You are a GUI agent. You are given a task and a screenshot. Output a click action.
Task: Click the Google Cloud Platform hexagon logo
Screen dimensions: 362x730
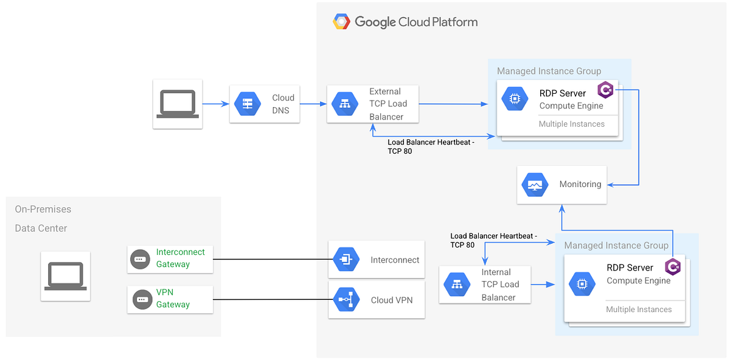(x=341, y=22)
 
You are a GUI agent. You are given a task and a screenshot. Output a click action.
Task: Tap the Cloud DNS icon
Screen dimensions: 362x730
(x=248, y=104)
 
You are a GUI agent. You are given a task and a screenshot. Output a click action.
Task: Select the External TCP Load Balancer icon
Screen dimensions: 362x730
(x=345, y=104)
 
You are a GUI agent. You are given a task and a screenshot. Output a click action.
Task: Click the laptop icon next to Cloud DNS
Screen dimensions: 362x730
(x=178, y=104)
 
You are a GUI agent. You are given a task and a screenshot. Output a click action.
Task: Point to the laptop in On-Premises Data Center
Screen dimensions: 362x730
(x=66, y=276)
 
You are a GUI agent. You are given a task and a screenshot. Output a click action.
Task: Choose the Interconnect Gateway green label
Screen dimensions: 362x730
(x=180, y=258)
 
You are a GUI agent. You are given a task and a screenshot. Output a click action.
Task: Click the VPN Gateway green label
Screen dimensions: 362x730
(x=173, y=298)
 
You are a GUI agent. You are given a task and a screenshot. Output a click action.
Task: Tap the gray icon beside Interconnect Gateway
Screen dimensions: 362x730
(x=141, y=260)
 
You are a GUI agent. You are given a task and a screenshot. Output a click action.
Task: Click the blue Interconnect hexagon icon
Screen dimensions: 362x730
(x=346, y=260)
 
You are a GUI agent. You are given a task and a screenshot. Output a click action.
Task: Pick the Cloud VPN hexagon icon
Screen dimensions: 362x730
(x=346, y=300)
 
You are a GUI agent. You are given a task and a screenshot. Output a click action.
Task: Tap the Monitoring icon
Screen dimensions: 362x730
(x=535, y=185)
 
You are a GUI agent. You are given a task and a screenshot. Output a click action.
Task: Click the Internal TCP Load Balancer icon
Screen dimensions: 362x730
(x=457, y=285)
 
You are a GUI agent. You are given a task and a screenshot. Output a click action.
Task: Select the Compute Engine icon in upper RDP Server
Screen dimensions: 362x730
(x=515, y=99)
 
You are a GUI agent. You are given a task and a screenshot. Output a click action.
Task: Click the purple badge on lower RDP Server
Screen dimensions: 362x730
(x=673, y=267)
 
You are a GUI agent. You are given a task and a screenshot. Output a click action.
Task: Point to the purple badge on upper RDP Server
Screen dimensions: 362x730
(x=606, y=91)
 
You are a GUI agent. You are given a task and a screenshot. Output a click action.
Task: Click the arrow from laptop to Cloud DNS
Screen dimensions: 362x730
(x=215, y=104)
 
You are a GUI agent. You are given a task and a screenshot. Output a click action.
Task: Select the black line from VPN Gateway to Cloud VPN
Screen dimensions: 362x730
(x=271, y=300)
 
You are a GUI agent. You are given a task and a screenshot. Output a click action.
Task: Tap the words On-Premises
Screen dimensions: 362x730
(x=43, y=209)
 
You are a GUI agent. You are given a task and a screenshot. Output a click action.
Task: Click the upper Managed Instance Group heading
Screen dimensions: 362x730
(x=549, y=71)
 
